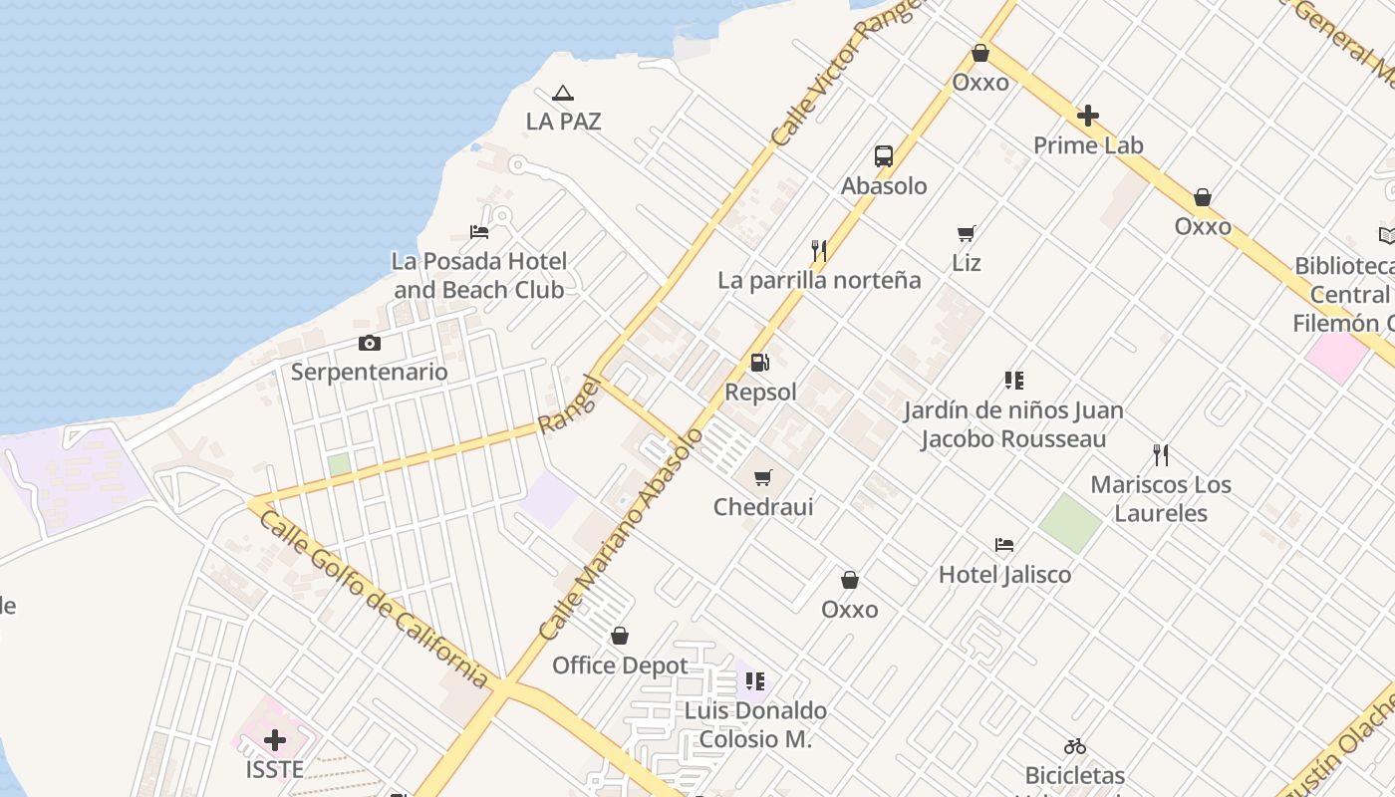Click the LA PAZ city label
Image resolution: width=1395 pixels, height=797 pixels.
point(563,122)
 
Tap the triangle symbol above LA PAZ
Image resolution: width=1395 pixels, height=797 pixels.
point(563,94)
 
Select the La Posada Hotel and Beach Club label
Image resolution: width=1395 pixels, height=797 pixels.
point(479,276)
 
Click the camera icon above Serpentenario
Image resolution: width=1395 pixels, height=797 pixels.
point(370,344)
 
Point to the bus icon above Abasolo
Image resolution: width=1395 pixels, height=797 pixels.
point(884,156)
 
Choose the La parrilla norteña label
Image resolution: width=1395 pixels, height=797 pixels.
point(819,280)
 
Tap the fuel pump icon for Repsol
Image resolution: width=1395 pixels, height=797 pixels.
point(760,364)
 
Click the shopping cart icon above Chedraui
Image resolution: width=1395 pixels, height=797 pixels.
point(763,478)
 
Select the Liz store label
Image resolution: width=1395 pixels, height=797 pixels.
point(966,263)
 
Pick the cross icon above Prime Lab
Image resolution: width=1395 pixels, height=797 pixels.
point(1088,117)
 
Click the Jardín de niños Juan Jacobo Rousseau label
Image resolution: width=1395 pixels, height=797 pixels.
point(1013,424)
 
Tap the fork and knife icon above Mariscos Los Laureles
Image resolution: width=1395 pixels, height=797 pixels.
point(1160,456)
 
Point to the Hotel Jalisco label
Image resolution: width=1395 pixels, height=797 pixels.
point(1004,575)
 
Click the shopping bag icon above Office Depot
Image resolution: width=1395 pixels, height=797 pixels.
point(620,636)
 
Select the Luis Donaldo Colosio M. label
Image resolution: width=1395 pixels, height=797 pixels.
point(755,724)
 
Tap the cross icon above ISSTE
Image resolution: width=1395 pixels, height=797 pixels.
point(275,740)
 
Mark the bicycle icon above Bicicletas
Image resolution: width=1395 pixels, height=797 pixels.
point(1074,746)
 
